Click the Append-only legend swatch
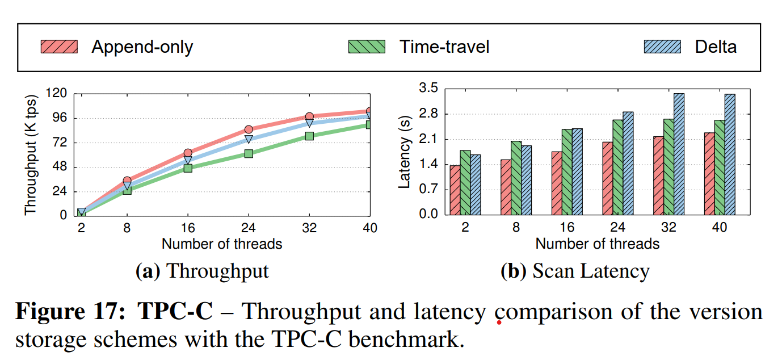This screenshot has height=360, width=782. (x=59, y=47)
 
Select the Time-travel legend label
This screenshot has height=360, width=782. (x=444, y=47)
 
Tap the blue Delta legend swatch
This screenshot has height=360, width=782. (x=662, y=47)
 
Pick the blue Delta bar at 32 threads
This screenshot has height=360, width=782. (x=679, y=154)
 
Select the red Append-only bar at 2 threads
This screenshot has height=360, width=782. (x=455, y=190)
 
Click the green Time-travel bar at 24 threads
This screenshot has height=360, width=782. (x=618, y=168)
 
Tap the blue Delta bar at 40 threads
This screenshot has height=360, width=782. (x=730, y=154)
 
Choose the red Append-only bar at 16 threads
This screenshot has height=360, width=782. (x=557, y=183)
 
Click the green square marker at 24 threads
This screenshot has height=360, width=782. (x=249, y=153)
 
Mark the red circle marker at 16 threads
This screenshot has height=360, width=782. (x=188, y=153)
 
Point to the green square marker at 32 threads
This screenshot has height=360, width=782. (x=309, y=136)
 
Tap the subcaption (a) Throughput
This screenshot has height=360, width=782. (x=202, y=271)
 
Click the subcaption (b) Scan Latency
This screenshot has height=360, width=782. (x=574, y=271)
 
